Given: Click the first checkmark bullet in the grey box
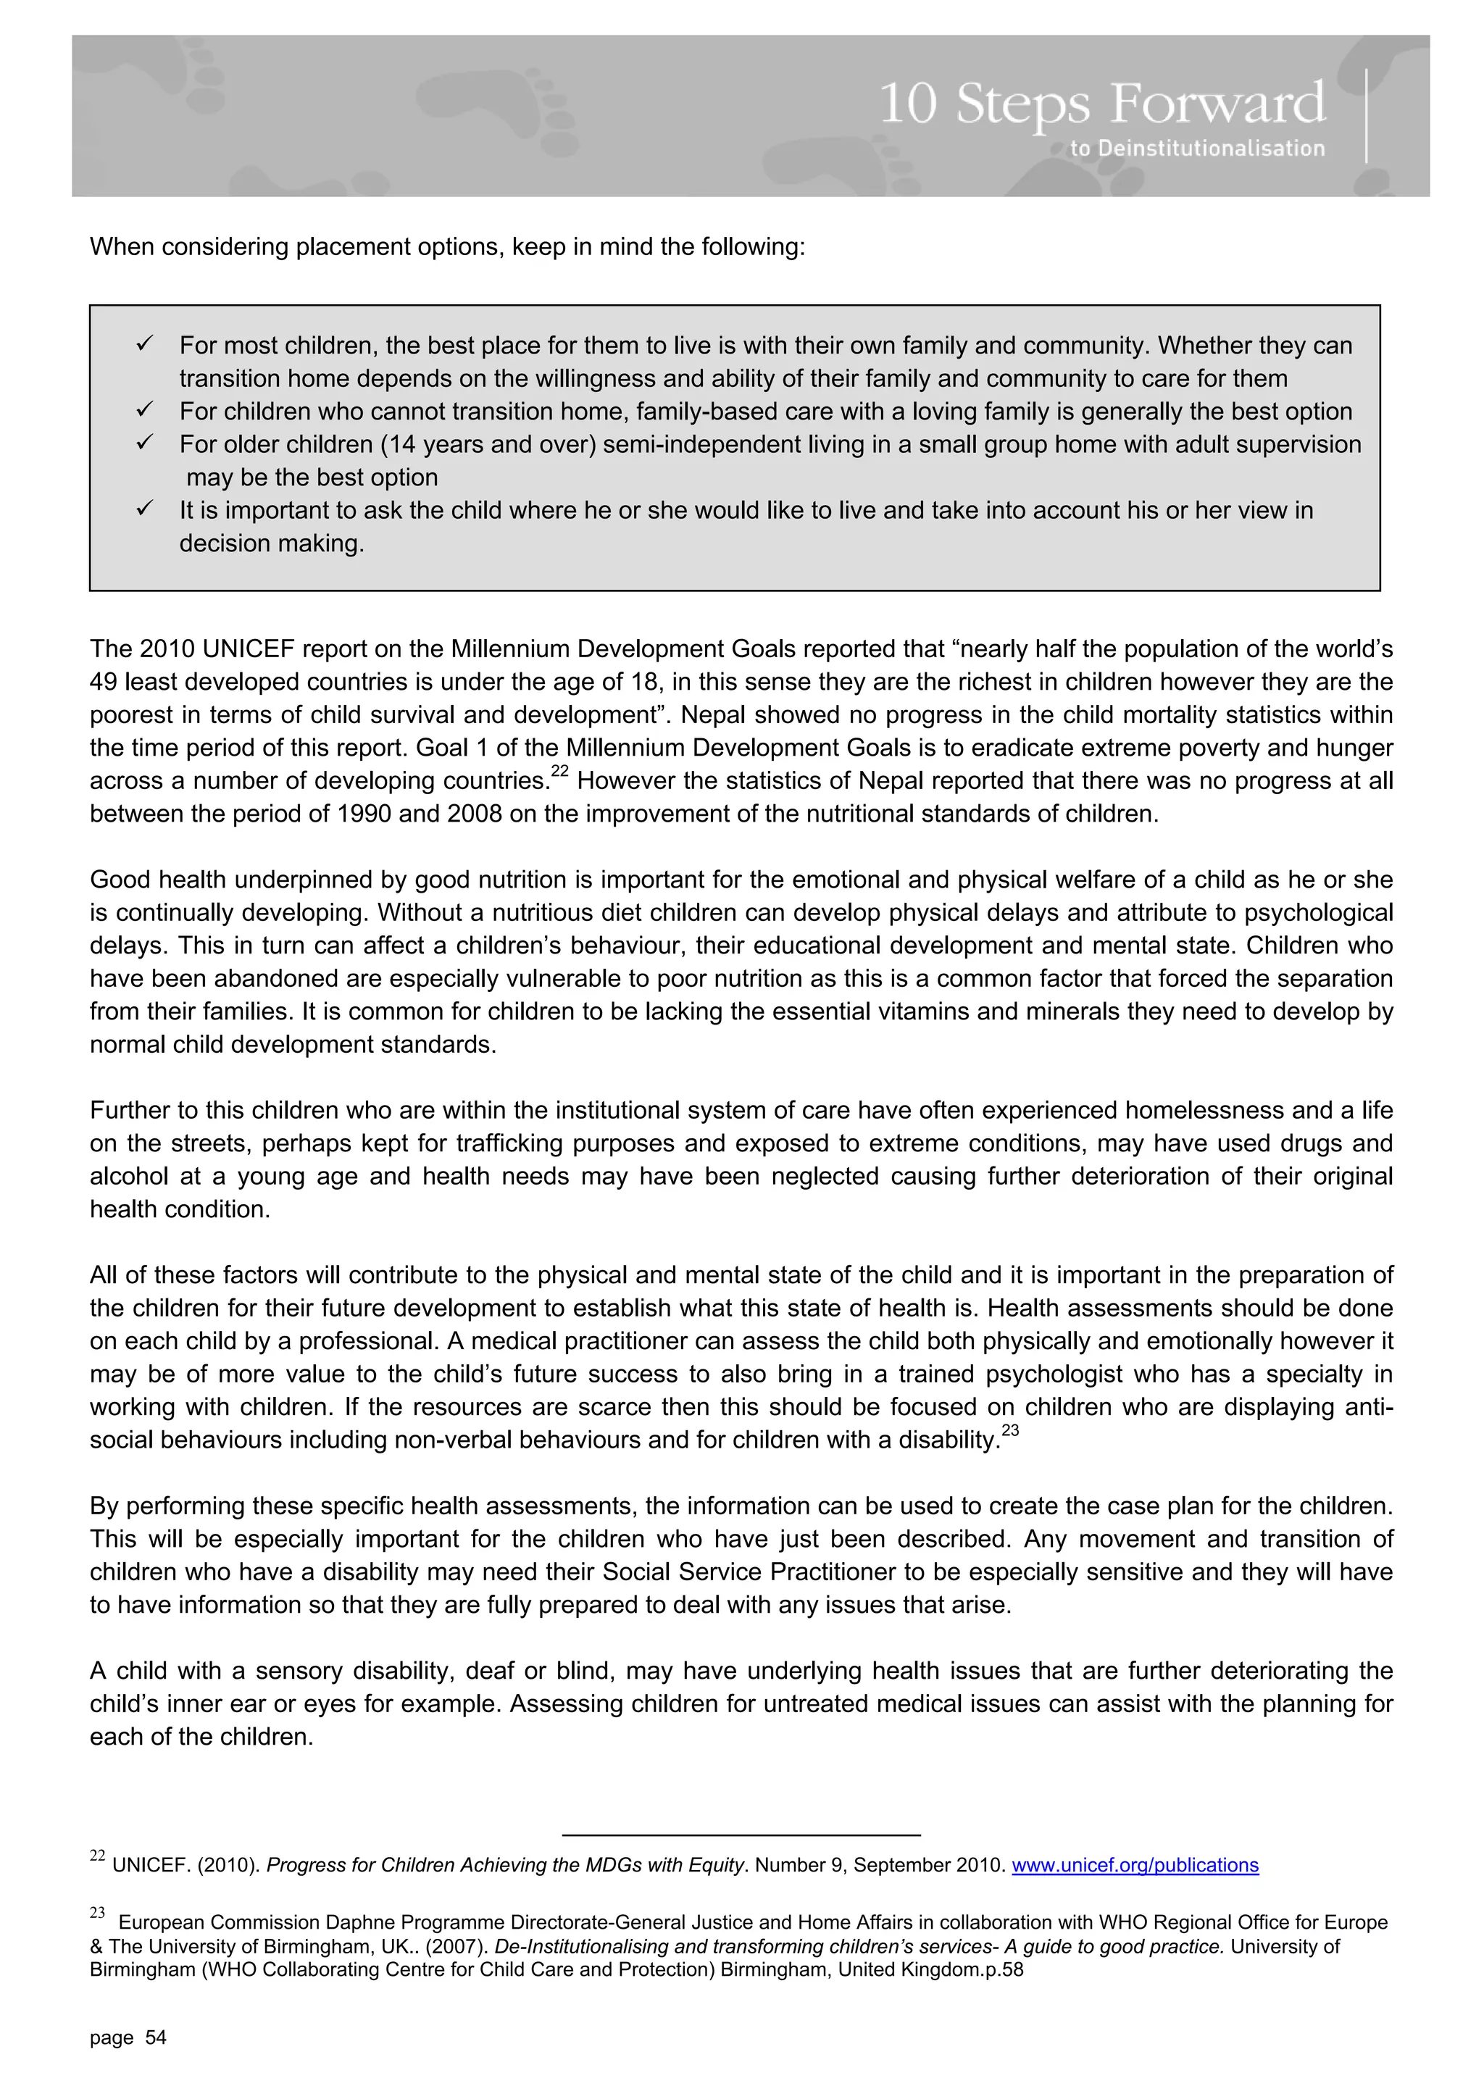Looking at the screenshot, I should (x=144, y=345).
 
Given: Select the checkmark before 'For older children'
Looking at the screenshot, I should (x=144, y=443).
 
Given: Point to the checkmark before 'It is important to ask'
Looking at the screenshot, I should (x=144, y=509).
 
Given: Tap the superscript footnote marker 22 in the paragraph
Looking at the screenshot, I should (x=559, y=772).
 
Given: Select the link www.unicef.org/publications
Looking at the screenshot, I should (x=1135, y=1865).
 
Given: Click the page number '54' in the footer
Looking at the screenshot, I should (x=157, y=2037).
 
